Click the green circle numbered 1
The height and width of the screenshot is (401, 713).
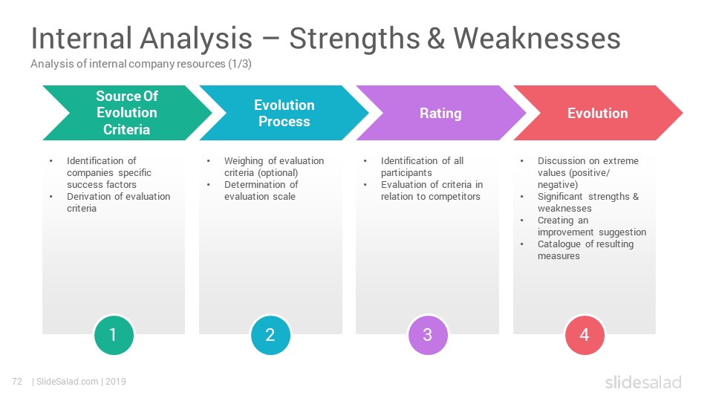click(x=114, y=335)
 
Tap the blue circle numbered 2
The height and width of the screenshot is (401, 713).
click(x=270, y=335)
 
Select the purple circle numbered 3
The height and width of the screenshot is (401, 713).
click(x=428, y=335)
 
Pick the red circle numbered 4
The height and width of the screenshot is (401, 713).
click(x=585, y=335)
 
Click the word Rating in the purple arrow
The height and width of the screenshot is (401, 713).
click(x=440, y=113)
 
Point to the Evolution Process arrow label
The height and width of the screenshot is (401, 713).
click(x=284, y=113)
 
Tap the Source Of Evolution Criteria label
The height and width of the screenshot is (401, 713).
click(x=127, y=113)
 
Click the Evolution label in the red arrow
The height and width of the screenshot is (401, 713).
click(x=597, y=113)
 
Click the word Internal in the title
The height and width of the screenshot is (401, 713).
click(x=82, y=38)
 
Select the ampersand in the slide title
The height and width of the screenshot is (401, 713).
click(x=436, y=38)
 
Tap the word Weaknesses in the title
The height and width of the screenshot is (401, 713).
click(x=537, y=38)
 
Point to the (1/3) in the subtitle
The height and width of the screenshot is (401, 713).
click(x=240, y=64)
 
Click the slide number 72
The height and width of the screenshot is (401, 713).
click(x=17, y=382)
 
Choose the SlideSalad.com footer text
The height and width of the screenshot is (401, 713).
click(x=68, y=382)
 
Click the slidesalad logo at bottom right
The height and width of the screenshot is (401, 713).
click(x=643, y=382)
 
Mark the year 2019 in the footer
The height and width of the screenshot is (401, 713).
click(x=116, y=382)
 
